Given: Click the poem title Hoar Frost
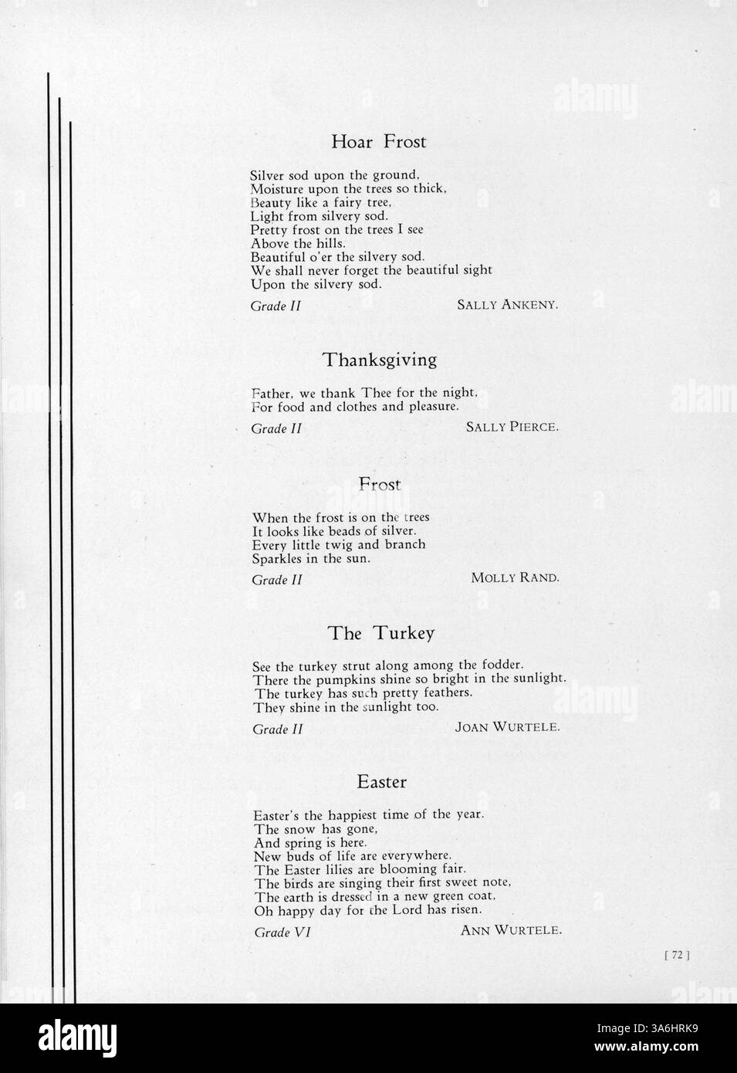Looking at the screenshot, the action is click(x=378, y=141).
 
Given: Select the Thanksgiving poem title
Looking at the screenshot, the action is click(x=380, y=360).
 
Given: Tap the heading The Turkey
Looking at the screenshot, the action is click(x=381, y=633).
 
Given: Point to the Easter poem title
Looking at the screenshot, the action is click(x=381, y=782).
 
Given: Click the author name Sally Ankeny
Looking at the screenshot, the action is click(x=507, y=305).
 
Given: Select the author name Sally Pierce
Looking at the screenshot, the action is click(x=512, y=427).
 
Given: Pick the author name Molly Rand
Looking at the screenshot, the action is click(x=515, y=577).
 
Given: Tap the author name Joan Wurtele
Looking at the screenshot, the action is click(x=507, y=727).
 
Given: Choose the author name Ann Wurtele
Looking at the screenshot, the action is click(x=511, y=930).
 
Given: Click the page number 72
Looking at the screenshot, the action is click(x=677, y=955).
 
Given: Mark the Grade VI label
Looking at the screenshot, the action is click(x=282, y=933).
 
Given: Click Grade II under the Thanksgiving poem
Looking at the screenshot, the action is click(x=276, y=428).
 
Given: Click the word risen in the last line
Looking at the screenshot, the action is click(x=465, y=910).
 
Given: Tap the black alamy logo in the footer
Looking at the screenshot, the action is click(x=78, y=1038).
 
